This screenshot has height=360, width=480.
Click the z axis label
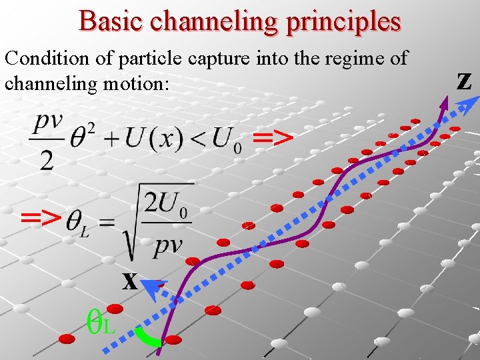[464, 80]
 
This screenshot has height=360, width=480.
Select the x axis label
[129, 281]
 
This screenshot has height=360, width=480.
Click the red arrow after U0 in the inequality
[273, 138]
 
